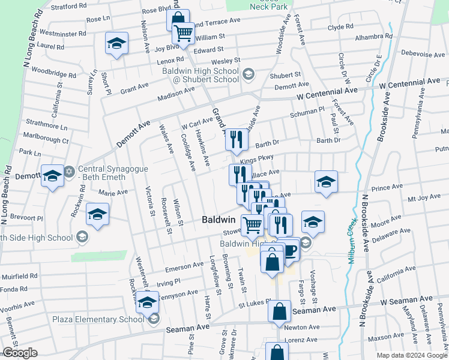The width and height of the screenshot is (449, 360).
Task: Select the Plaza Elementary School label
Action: coord(98,319)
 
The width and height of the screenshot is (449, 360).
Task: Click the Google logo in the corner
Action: coord(20,353)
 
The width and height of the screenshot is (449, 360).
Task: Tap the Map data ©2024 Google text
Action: coord(412,355)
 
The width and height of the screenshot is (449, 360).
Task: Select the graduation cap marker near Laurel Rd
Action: coord(117,43)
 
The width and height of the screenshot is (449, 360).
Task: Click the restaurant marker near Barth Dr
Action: coord(237,140)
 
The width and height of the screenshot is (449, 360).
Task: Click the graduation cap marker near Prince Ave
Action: coord(326,182)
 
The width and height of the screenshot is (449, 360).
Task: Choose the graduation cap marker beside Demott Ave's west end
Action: coord(52,176)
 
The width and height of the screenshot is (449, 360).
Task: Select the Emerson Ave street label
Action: coord(185,266)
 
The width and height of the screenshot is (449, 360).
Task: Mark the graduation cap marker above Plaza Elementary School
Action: coord(147,302)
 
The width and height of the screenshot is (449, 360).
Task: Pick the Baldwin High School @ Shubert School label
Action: coord(200,74)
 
